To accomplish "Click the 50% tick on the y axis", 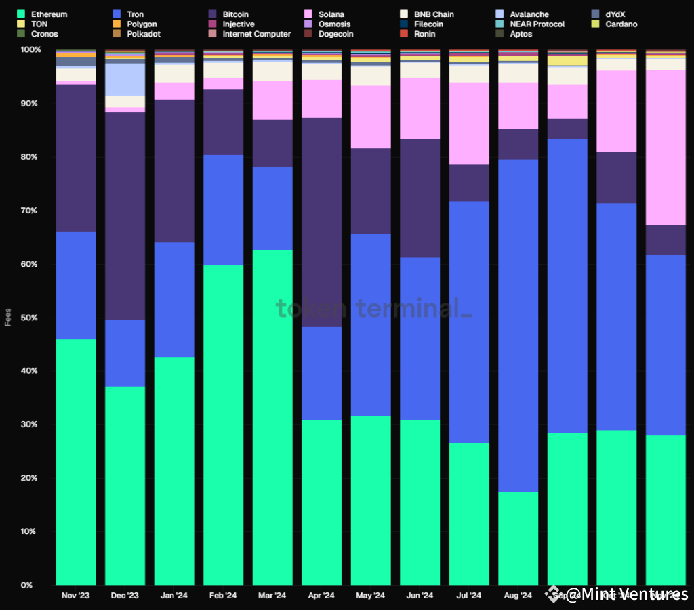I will (x=30, y=318).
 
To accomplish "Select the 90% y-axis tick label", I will (x=30, y=104).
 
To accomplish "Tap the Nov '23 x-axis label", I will (x=75, y=596).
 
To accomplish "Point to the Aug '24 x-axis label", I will (x=518, y=596).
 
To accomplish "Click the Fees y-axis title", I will (x=8, y=318).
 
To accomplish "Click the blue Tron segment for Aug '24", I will (x=518, y=325).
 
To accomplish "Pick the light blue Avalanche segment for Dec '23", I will (x=125, y=79).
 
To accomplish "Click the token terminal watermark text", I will (x=373, y=309).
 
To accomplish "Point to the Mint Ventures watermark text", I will (x=624, y=595).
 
